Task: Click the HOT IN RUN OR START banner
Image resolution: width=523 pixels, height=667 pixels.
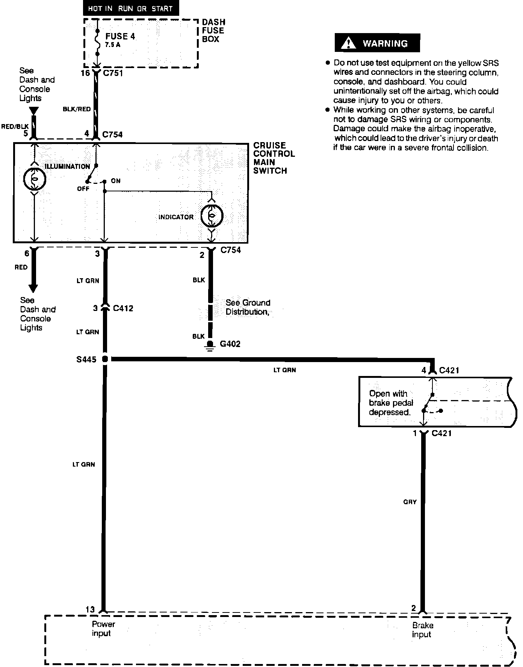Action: pos(130,8)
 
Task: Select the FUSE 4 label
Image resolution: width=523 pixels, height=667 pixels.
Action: pos(120,36)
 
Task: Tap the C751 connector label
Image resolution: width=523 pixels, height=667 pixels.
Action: pos(113,73)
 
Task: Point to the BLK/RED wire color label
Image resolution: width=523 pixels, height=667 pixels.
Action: pos(77,109)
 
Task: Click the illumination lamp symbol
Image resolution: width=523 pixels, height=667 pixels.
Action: pos(34,179)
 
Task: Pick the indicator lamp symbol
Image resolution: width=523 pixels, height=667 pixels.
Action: pos(212,216)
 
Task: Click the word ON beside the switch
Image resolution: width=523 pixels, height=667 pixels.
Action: pos(116,181)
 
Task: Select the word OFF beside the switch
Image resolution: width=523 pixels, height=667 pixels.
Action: pos(83,188)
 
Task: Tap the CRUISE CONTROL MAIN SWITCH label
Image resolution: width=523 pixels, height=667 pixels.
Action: pos(274,158)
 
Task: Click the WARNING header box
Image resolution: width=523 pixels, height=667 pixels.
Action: pos(377,43)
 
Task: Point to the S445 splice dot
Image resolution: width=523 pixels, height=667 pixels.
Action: pos(105,359)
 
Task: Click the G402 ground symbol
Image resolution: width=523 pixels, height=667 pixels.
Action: pos(210,345)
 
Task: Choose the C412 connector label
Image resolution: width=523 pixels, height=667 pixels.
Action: pos(123,308)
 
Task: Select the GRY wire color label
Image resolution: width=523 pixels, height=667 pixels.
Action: pos(410,502)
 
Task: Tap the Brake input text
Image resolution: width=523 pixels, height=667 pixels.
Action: pos(422,630)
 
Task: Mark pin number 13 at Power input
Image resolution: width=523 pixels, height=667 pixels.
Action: pos(90,609)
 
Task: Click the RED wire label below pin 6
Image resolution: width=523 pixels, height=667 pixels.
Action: pos(21,267)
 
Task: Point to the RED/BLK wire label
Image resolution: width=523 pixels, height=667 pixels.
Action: pos(15,127)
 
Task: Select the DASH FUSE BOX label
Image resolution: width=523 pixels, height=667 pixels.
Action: pos(213,31)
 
